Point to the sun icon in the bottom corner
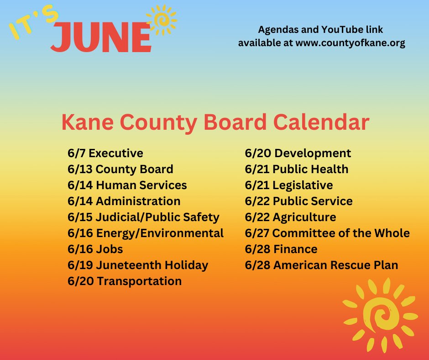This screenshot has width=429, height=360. click(379, 312)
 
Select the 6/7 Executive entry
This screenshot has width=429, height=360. click(105, 154)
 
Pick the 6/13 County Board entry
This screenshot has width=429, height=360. click(120, 169)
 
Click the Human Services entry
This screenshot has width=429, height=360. click(127, 185)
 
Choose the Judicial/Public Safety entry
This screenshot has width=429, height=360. click(143, 217)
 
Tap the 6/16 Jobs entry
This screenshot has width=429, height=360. click(95, 249)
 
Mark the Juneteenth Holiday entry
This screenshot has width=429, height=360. click(137, 265)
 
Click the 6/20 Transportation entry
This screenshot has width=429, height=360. click(124, 281)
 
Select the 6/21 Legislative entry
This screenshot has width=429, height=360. click(288, 185)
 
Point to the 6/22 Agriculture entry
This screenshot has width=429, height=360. click(290, 217)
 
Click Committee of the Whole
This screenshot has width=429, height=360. click(327, 233)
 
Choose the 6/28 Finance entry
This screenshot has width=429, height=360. click(281, 249)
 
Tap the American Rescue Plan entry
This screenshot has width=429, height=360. click(321, 265)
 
